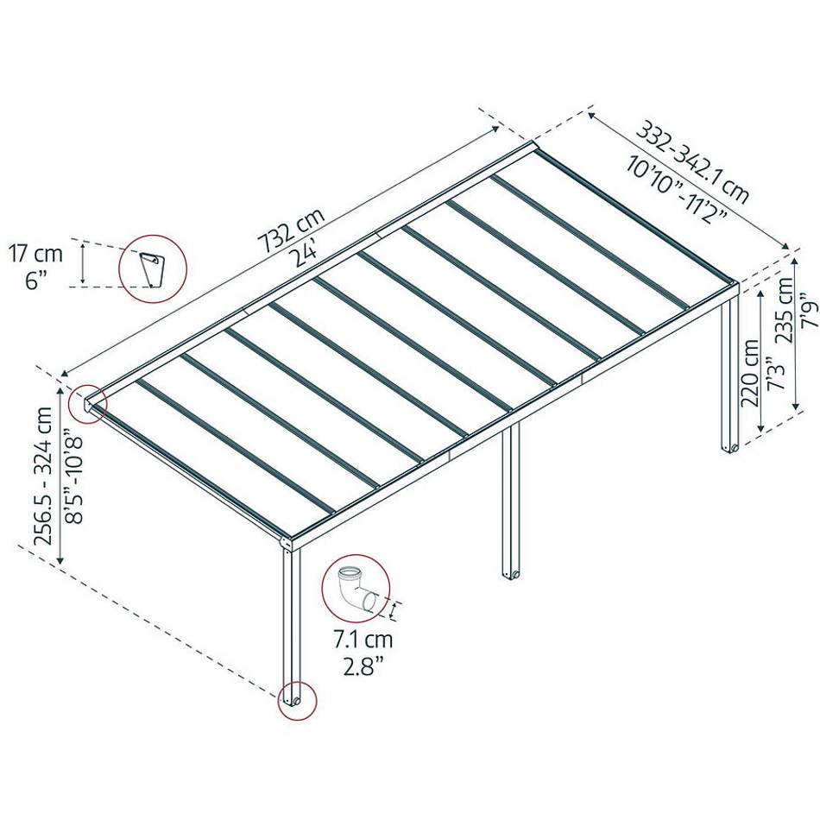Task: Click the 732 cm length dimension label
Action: [292, 230]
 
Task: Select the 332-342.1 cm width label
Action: [692, 162]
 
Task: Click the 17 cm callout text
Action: [35, 254]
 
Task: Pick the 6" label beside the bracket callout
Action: [35, 281]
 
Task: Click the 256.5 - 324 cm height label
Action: [43, 476]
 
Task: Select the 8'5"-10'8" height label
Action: [73, 476]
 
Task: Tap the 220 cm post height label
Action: [749, 372]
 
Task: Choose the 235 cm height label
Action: [784, 310]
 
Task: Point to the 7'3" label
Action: [776, 373]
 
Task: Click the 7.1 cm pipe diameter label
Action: [363, 639]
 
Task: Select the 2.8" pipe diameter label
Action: [363, 666]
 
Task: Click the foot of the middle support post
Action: [511, 574]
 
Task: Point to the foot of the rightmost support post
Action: [729, 448]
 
